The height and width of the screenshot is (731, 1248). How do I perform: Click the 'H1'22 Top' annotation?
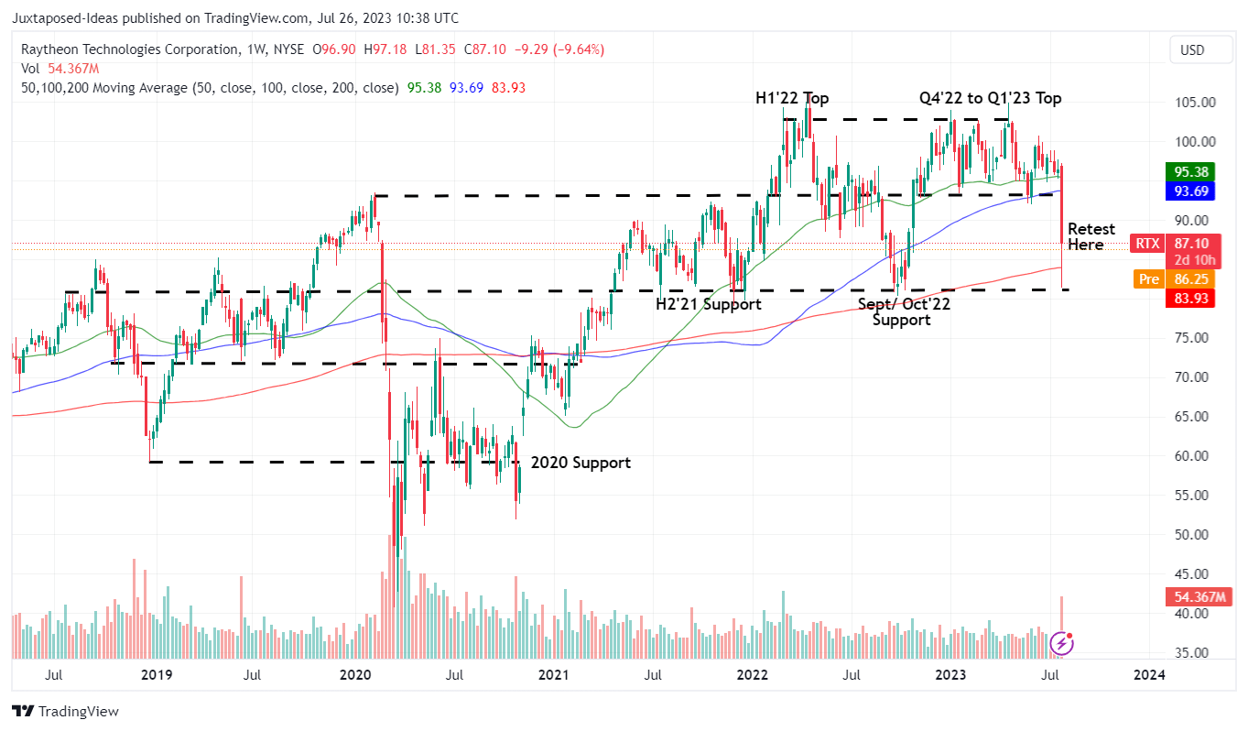(x=791, y=98)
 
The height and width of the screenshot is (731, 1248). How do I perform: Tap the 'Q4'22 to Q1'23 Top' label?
(x=991, y=98)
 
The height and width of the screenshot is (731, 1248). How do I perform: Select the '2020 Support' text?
(x=581, y=463)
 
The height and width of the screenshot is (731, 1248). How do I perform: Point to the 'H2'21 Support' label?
(x=708, y=304)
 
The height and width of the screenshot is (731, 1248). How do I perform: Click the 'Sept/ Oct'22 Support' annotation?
(x=903, y=311)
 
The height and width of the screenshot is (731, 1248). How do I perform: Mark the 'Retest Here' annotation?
(x=1091, y=236)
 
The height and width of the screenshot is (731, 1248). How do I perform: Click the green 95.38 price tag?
(x=1189, y=171)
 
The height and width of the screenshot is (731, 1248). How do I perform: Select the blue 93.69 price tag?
(x=1189, y=191)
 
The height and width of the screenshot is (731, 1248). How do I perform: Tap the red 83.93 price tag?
(x=1189, y=298)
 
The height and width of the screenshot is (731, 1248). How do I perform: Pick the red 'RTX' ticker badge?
(x=1146, y=244)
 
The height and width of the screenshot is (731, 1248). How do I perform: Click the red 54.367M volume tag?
(x=1189, y=597)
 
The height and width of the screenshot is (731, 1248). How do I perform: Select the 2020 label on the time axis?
(x=354, y=675)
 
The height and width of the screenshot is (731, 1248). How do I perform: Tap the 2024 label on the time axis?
(x=1149, y=675)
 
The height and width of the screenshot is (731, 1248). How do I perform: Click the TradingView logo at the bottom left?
(x=65, y=712)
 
